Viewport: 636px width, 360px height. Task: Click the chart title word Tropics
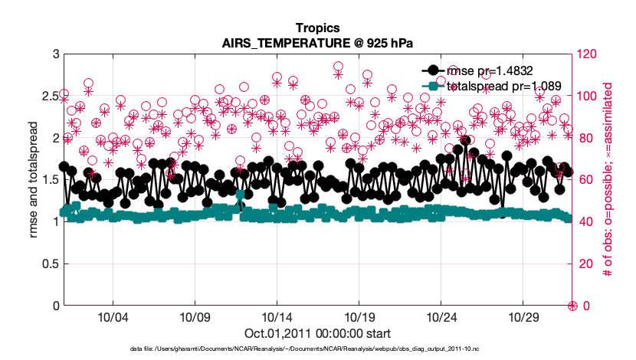(317, 28)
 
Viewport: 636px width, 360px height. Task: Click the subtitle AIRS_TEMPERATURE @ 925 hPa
(317, 43)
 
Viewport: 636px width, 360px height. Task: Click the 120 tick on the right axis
(588, 54)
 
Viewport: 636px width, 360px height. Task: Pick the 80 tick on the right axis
(585, 138)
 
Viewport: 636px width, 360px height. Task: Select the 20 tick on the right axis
(585, 264)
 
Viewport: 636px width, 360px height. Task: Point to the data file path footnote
(317, 349)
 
